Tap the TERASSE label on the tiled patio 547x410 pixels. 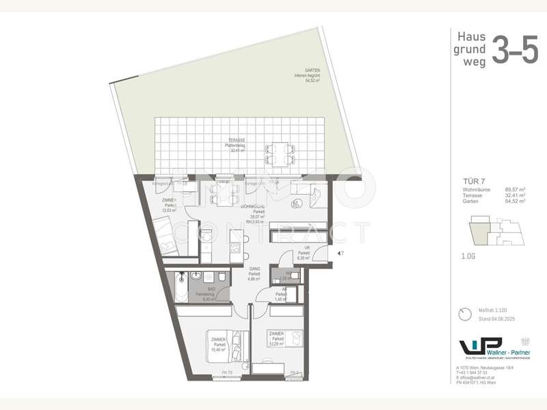coord(237,148)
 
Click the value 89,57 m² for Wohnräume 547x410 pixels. coord(513,191)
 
